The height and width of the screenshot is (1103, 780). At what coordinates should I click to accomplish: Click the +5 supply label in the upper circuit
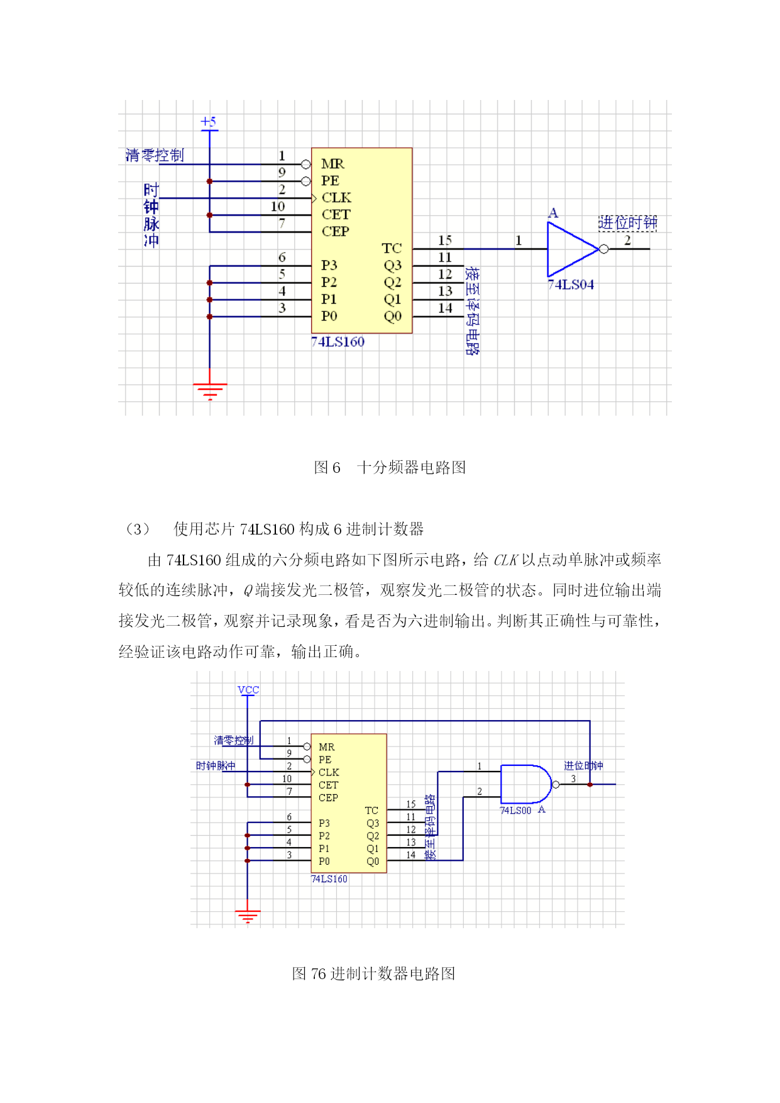(x=209, y=121)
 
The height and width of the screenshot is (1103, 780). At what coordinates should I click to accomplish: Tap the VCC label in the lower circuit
(x=248, y=690)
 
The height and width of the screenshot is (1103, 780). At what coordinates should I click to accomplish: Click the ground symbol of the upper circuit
(x=210, y=391)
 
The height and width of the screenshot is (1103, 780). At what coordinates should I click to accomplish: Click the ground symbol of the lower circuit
(x=248, y=916)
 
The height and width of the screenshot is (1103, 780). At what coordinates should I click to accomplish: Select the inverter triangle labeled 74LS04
(x=572, y=250)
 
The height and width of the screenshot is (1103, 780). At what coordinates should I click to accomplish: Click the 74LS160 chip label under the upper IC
(x=338, y=342)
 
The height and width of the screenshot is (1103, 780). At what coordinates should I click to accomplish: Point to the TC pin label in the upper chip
(x=392, y=248)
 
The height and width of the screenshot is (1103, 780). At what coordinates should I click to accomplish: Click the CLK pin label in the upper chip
(x=336, y=197)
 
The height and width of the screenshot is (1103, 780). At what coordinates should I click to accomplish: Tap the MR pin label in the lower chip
(x=326, y=747)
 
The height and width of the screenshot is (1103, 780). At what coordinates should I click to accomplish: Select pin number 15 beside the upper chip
(x=445, y=240)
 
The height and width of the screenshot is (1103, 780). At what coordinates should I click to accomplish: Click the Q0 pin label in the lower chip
(x=373, y=862)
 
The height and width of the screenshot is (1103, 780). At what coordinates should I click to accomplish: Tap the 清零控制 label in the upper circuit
(x=155, y=155)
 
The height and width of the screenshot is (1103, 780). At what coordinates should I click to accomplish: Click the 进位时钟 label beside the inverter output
(x=628, y=222)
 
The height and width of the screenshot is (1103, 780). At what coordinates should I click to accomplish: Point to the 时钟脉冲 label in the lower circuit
(x=216, y=766)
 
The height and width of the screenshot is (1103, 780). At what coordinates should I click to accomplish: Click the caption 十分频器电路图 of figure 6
(x=412, y=467)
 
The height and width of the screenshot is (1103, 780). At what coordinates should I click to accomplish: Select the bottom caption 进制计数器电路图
(x=393, y=973)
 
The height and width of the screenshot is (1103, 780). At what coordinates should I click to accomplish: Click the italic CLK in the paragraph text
(x=505, y=560)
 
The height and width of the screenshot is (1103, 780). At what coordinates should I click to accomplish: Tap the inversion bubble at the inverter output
(x=604, y=249)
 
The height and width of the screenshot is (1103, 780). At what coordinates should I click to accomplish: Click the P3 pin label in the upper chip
(x=329, y=265)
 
